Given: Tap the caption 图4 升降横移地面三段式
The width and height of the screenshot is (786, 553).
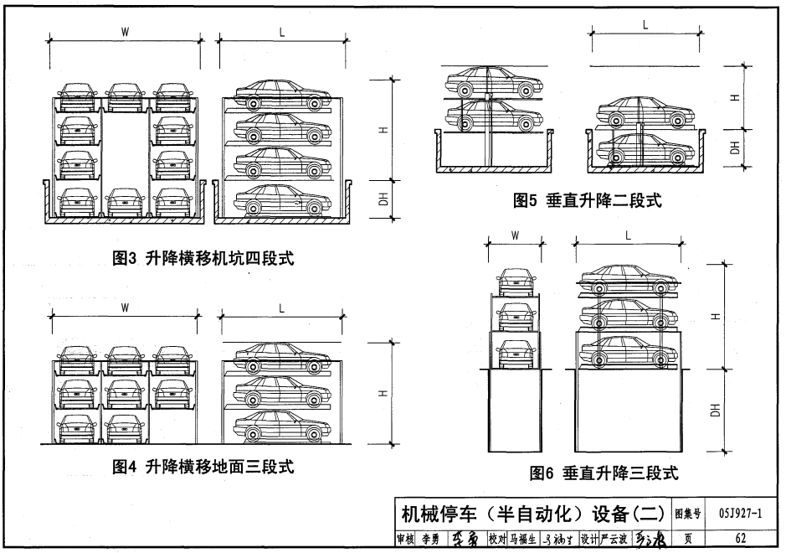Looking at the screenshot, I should coord(203,467).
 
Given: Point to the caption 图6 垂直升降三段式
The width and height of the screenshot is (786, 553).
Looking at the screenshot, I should coord(603,473).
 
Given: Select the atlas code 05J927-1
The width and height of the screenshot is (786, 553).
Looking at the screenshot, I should coord(741,512).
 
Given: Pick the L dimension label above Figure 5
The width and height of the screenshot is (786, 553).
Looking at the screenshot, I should coord(645,25).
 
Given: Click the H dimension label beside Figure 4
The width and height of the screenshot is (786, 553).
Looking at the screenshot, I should coord(382,392).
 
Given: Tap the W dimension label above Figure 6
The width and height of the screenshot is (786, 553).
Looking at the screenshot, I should coord(515,236).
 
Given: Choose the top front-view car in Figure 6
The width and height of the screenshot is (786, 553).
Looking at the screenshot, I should coord(515,281).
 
